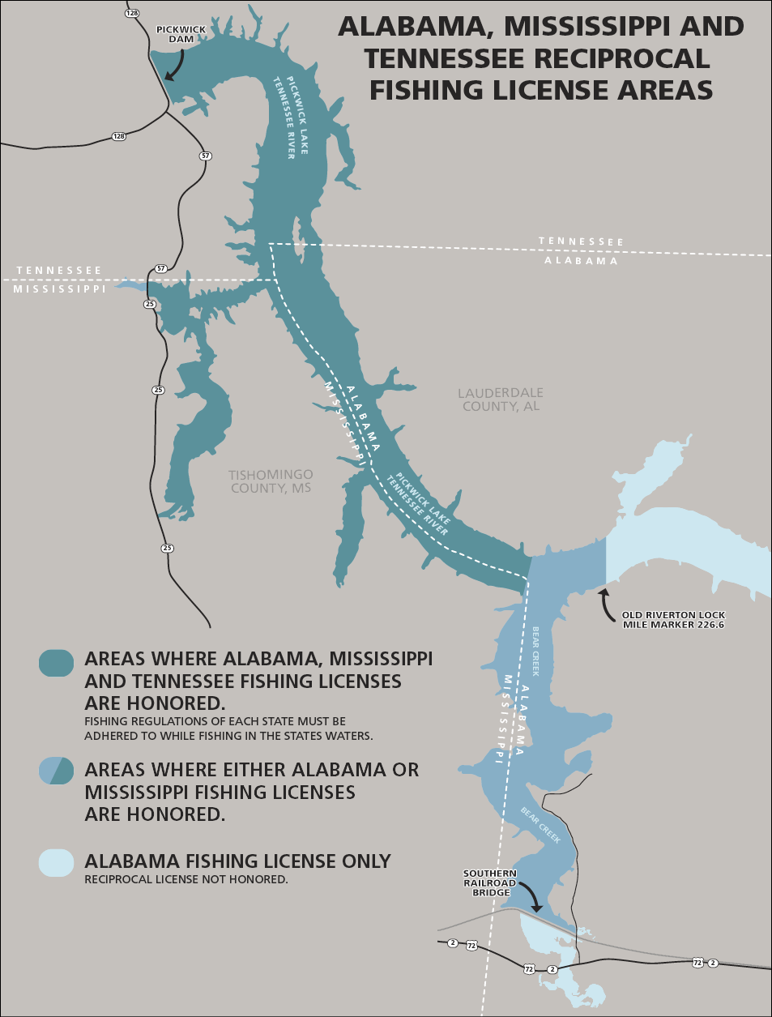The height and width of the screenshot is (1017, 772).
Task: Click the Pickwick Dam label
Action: click(181, 34)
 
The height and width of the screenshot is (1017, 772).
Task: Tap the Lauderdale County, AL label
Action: click(501, 400)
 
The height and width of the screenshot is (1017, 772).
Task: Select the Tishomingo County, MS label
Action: click(271, 481)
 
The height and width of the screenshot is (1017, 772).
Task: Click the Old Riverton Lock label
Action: click(673, 620)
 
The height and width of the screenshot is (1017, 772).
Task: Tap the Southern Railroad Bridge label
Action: click(489, 883)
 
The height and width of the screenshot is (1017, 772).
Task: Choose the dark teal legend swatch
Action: click(56, 663)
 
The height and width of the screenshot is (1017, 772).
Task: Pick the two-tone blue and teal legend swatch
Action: click(56, 770)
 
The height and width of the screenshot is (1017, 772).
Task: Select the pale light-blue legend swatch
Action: click(56, 863)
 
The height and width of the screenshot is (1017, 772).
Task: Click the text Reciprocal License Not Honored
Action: click(186, 879)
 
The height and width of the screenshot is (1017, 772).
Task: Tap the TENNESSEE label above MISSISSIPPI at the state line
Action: click(59, 271)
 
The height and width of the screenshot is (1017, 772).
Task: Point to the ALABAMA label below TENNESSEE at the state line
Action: click(581, 261)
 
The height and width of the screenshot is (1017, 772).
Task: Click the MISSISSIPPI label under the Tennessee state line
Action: click(59, 289)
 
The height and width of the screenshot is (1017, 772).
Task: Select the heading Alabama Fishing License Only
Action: click(237, 861)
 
